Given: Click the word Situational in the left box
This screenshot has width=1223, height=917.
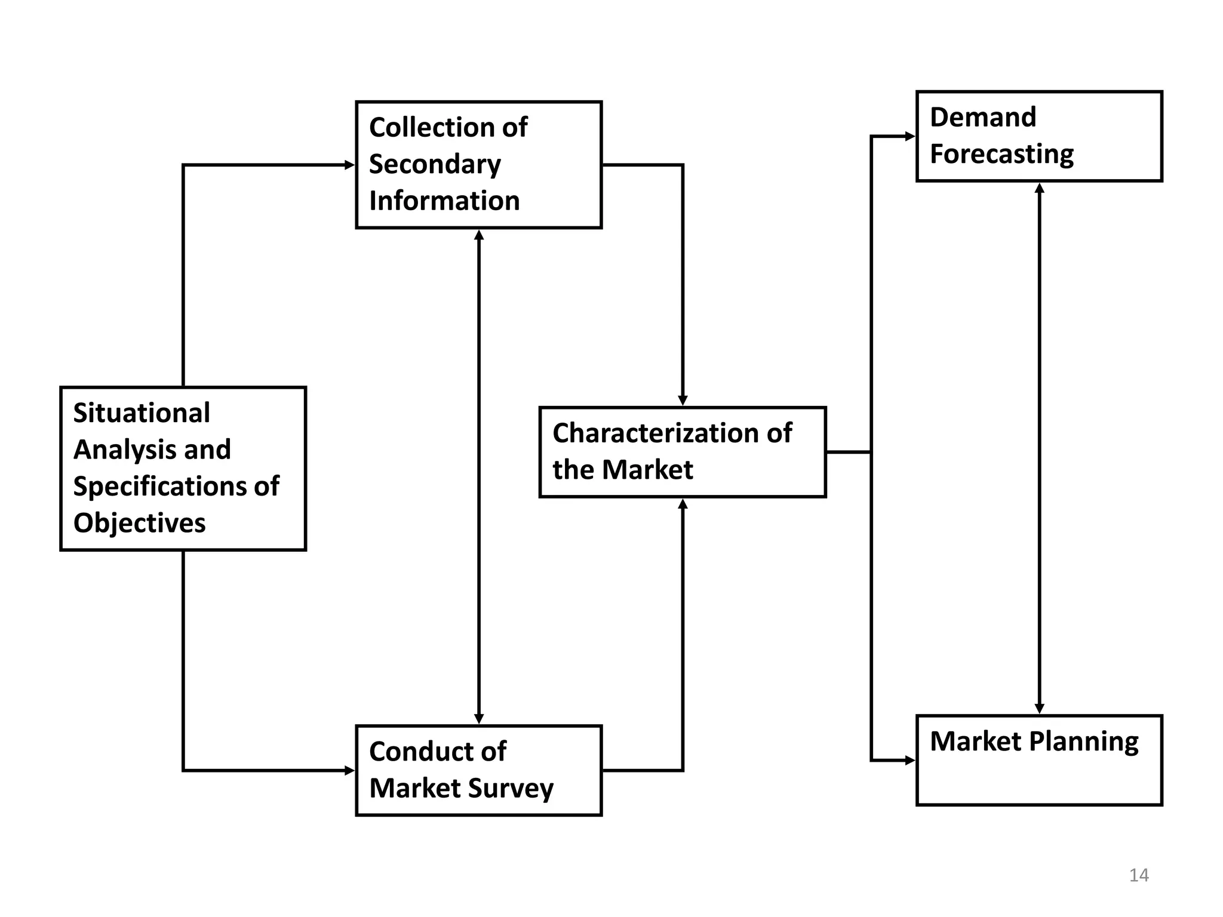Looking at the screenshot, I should [x=142, y=413].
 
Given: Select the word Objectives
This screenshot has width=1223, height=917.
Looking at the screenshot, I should [x=139, y=524].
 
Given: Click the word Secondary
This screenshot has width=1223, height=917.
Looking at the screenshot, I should [x=435, y=165].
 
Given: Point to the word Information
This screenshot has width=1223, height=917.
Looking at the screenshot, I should [x=444, y=201].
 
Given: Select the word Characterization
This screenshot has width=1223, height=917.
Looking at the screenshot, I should [x=654, y=433].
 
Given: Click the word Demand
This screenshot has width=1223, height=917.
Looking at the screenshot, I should [x=983, y=118].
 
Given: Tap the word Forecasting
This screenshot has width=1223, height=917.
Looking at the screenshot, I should [x=1001, y=155].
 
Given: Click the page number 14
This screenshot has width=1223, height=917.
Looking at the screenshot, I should [x=1139, y=875].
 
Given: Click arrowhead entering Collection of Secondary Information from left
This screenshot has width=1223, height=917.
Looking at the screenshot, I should [x=350, y=165].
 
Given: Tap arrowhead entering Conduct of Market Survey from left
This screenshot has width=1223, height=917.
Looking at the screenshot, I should [x=350, y=771].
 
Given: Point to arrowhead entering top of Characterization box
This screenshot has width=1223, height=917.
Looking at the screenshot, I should [x=683, y=401].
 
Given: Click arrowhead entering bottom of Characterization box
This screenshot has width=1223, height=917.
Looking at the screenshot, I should [x=683, y=504].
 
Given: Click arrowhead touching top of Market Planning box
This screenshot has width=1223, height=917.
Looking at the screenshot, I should [x=1040, y=708].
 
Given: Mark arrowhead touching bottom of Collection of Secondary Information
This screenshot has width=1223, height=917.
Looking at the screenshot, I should [x=479, y=235].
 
